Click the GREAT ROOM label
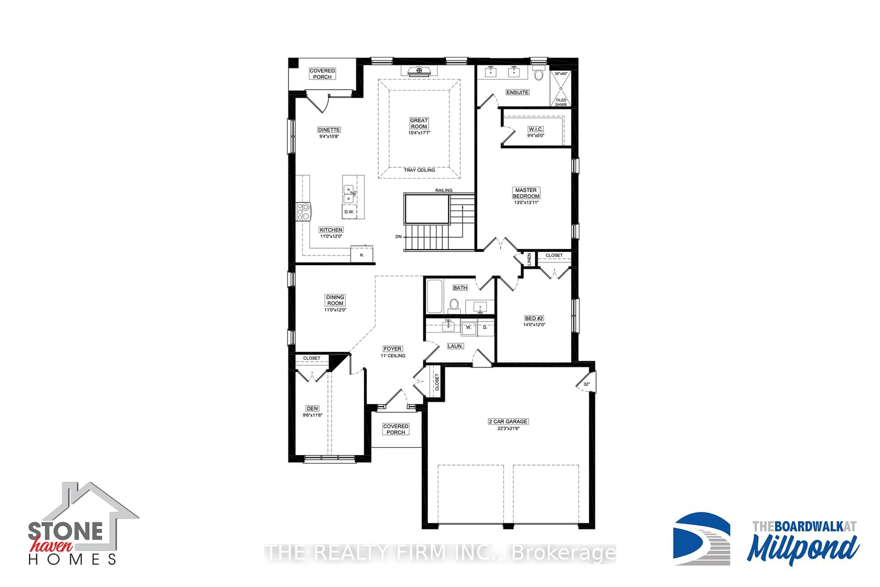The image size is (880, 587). [419, 123]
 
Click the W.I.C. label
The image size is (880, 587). [536, 129]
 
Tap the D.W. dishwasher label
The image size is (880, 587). [349, 212]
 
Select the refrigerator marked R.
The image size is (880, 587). [361, 255]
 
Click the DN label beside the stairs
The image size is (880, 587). [399, 237]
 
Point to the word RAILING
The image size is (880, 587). [444, 190]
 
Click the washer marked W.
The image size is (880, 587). [468, 328]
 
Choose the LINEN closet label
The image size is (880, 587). [529, 259]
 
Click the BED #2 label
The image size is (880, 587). [534, 318]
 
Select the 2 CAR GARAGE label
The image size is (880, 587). [508, 421]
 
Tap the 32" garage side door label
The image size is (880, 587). [586, 384]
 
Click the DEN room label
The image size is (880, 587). [312, 408]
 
